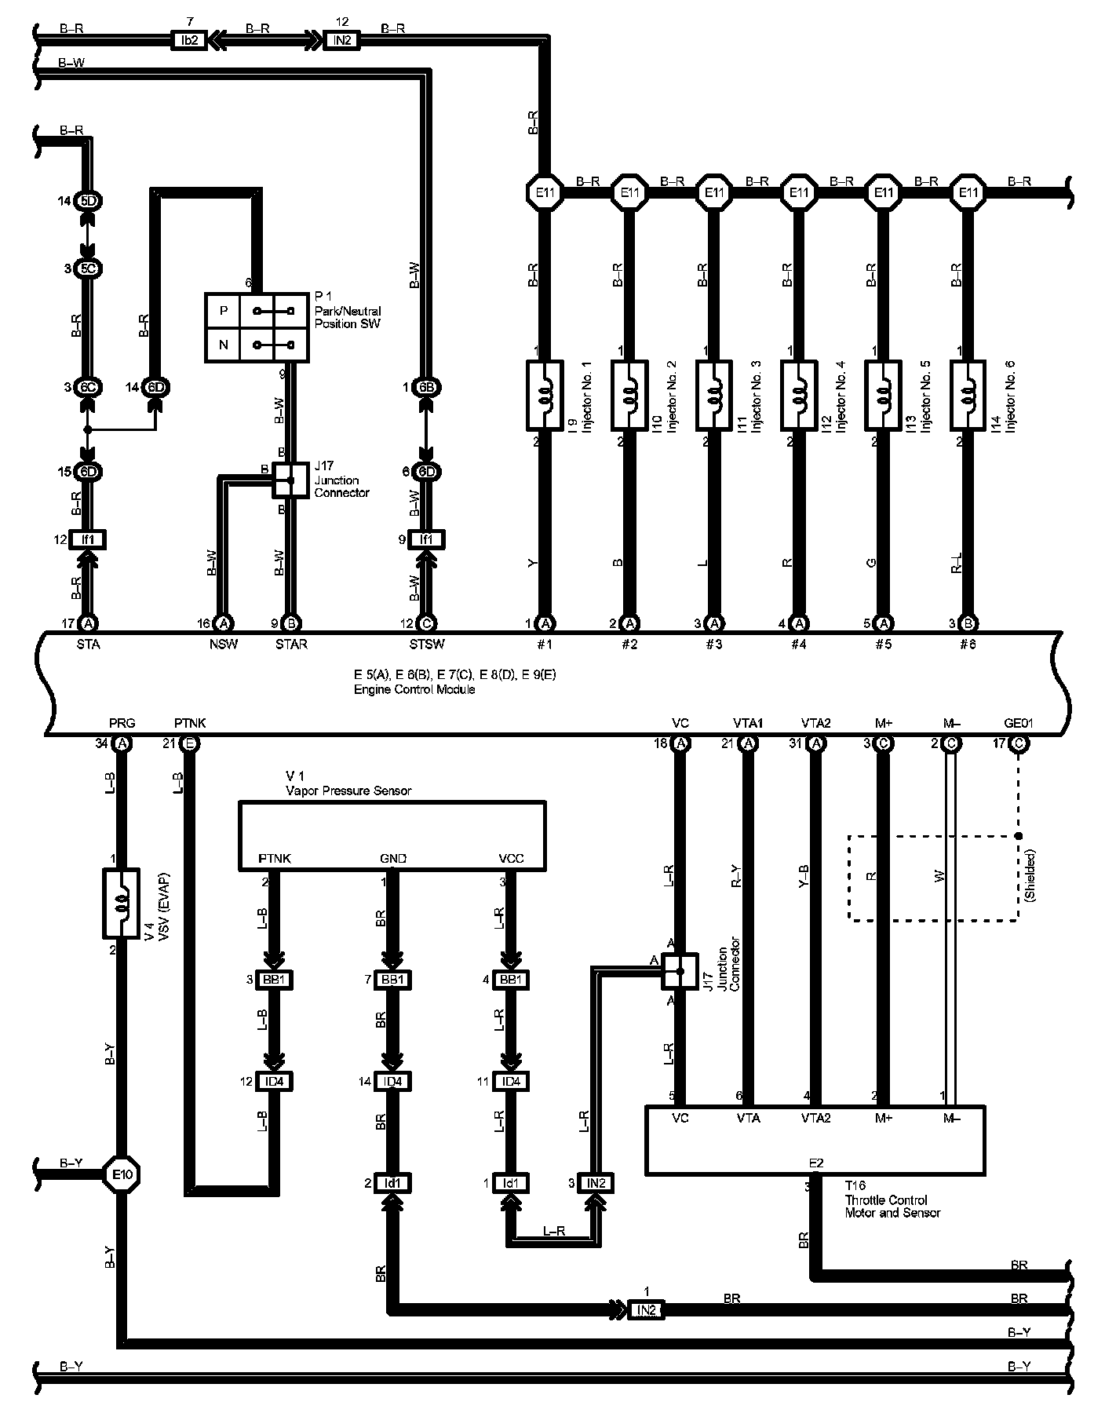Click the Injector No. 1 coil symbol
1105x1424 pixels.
pos(544,396)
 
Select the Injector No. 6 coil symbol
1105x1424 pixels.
pos(968,396)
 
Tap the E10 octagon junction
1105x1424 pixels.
pos(122,1174)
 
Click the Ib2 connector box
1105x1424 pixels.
pos(188,40)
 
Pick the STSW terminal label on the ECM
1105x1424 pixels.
pos(426,644)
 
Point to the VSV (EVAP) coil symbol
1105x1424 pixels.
pos(122,903)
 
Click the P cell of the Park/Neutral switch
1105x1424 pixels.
pos(224,312)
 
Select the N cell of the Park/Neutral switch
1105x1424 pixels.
pos(224,345)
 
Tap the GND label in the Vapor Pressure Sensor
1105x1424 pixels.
pos(392,859)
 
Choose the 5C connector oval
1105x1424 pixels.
pos(88,268)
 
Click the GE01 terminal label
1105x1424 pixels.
pos(1020,723)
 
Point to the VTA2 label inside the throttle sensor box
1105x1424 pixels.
pos(815,1118)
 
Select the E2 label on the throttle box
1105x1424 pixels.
pos(815,1163)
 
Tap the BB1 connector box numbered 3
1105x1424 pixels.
pos(274,980)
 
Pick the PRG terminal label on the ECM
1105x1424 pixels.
pos(122,723)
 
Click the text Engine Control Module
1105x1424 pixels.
pos(414,690)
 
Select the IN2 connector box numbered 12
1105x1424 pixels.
pos(341,40)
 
